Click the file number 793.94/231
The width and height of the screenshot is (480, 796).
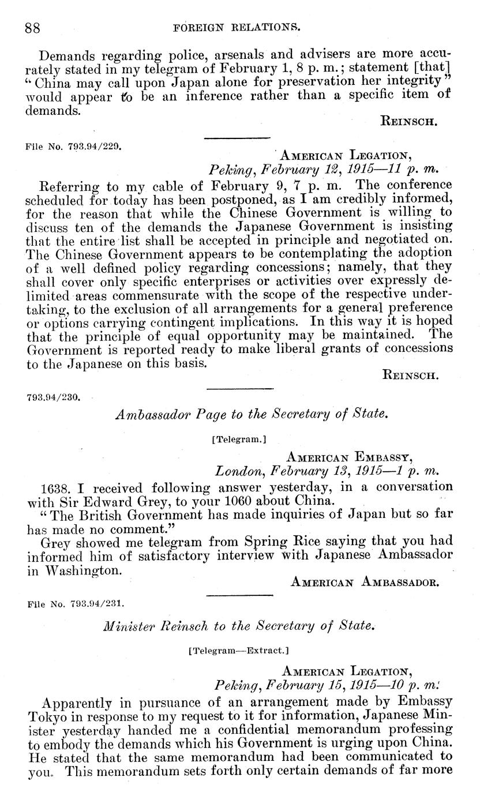pyautogui.click(x=76, y=604)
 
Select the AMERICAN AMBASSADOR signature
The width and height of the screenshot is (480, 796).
pyautogui.click(x=365, y=582)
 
